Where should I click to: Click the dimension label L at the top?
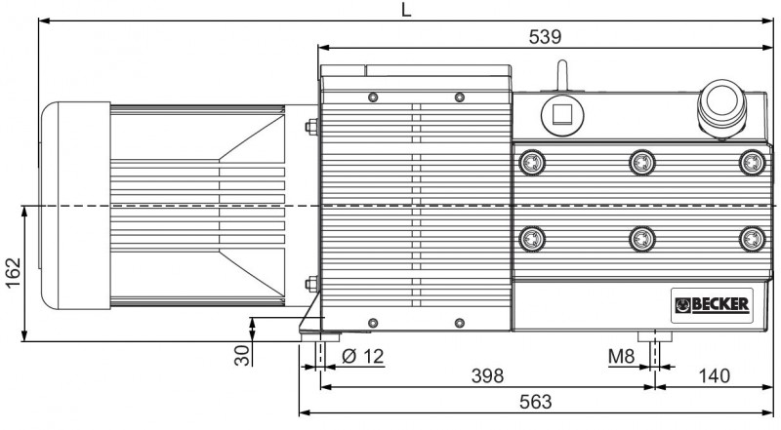[x=406, y=10]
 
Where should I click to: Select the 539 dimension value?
[x=545, y=37]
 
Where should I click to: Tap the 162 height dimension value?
[x=14, y=272]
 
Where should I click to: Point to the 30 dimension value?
[x=242, y=356]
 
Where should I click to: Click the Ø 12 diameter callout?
[x=363, y=356]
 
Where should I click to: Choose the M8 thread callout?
[x=622, y=356]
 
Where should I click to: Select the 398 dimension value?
[x=487, y=376]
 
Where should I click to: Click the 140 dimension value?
[x=714, y=376]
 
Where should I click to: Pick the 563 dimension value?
[x=536, y=402]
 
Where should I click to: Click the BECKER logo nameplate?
[x=712, y=305]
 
